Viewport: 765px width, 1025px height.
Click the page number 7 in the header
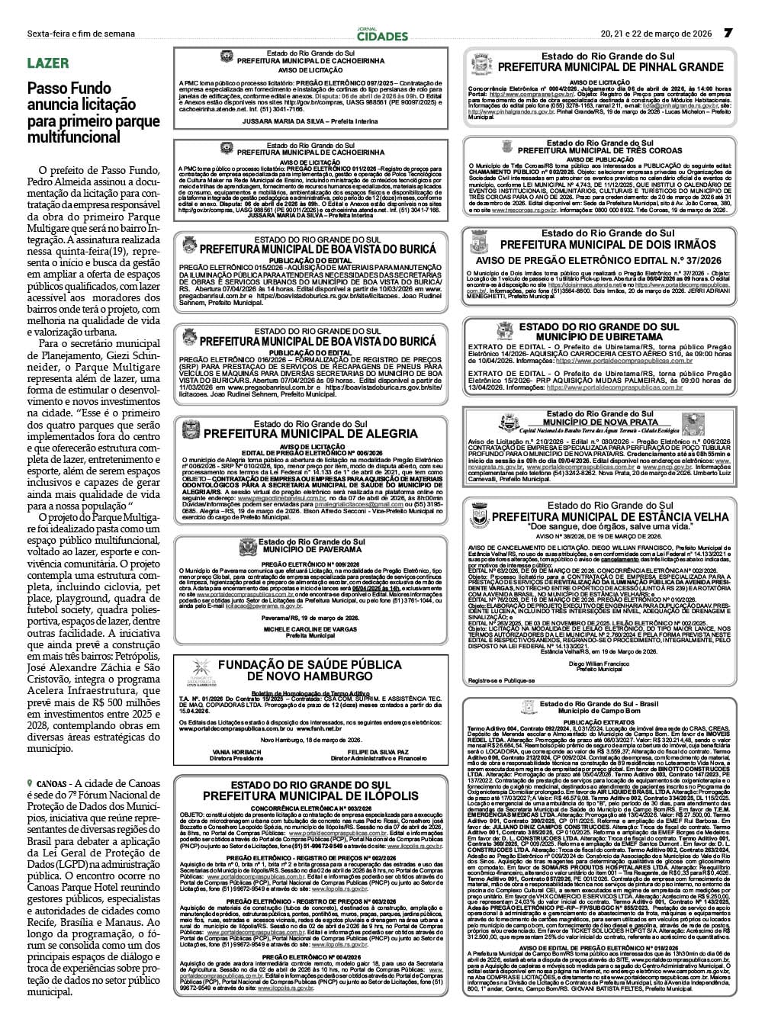point(728,33)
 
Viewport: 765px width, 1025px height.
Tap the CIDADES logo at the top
point(382,35)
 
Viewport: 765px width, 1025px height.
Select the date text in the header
point(656,34)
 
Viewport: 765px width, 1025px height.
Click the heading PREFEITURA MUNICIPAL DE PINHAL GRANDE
point(610,67)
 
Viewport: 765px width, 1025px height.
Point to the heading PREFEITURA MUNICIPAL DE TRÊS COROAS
point(599,151)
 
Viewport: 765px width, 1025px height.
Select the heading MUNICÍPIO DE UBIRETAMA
point(599,336)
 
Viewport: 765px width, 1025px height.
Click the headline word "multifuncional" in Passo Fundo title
point(74,137)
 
